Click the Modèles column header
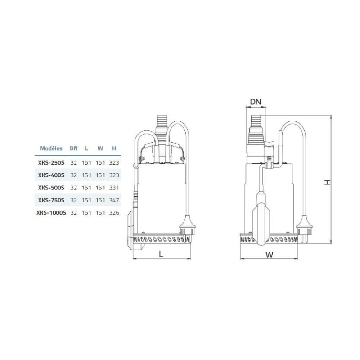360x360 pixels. (x=51, y=148)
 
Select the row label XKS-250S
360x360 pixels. (x=51, y=163)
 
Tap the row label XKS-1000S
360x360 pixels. (x=51, y=213)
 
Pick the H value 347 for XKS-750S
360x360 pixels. (x=114, y=200)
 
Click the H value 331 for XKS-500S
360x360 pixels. (x=114, y=188)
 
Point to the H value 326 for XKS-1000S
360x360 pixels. (x=114, y=213)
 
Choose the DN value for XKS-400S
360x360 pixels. (x=74, y=175)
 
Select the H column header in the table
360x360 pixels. (x=114, y=148)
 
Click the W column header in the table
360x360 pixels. (x=100, y=148)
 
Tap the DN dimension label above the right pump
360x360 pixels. (x=256, y=102)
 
